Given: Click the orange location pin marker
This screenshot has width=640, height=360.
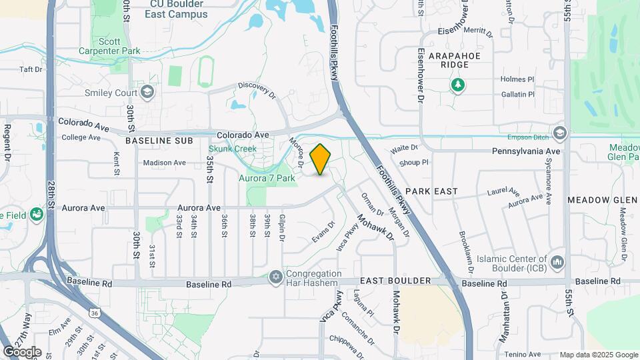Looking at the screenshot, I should click(x=321, y=159).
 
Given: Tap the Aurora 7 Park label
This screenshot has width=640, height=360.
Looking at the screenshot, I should click(x=267, y=178).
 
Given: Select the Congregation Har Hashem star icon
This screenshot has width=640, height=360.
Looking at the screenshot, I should click(x=276, y=277).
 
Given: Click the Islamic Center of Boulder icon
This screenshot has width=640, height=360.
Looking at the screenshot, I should click(x=558, y=259).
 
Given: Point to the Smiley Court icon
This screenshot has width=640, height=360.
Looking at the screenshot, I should click(x=147, y=91).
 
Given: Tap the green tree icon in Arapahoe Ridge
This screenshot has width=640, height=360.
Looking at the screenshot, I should click(x=457, y=85).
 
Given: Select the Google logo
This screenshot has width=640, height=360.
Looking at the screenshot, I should click(x=21, y=352).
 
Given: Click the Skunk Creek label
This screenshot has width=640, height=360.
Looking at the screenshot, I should click(x=233, y=149).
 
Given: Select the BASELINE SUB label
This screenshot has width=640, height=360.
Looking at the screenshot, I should click(x=159, y=141).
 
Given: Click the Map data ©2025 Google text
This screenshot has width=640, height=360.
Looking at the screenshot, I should click(x=597, y=355).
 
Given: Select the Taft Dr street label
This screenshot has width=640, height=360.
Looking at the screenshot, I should click(x=31, y=69).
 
